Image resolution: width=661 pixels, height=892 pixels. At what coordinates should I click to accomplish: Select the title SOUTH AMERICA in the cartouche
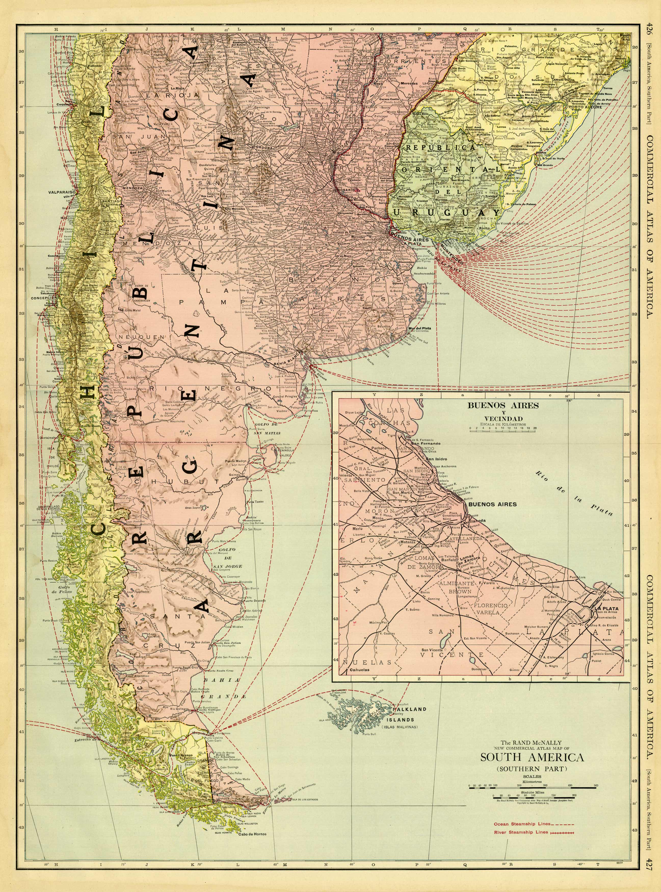(532, 757)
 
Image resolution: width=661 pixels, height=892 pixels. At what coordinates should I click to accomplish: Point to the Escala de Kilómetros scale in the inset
(503, 428)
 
